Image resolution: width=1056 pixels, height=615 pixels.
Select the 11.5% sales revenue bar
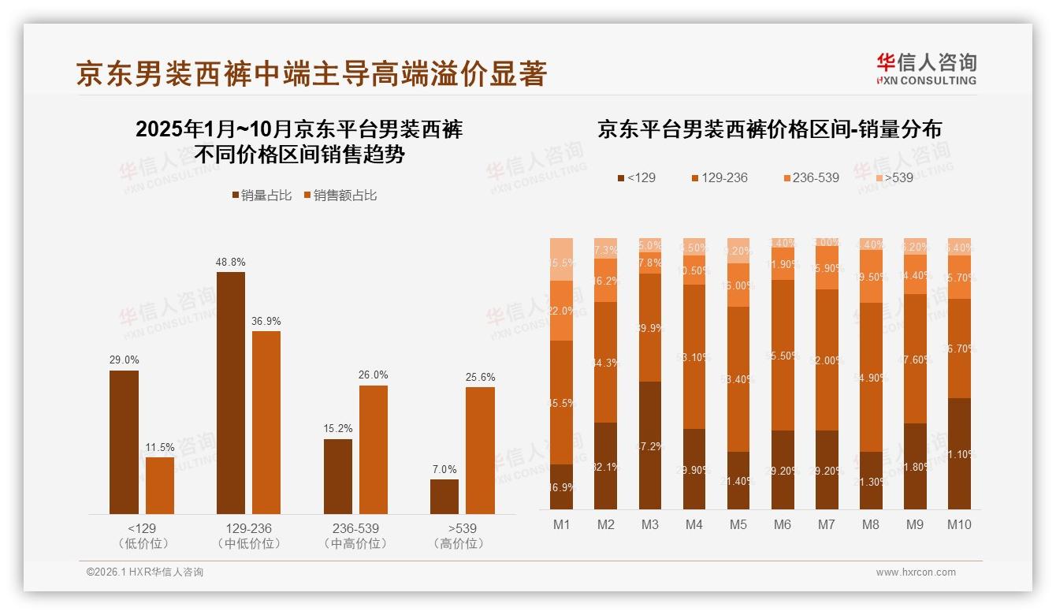pyautogui.click(x=160, y=486)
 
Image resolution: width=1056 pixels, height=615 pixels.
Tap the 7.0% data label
pyautogui.click(x=444, y=469)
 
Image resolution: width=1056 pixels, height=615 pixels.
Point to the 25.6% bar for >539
pyautogui.click(x=480, y=450)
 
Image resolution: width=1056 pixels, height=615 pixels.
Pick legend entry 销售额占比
pyautogui.click(x=340, y=196)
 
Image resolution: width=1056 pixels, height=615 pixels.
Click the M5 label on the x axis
pyautogui.click(x=738, y=524)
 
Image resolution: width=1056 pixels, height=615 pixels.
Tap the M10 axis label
pyautogui.click(x=959, y=524)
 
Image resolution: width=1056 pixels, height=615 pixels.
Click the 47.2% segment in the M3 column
pyautogui.click(x=650, y=445)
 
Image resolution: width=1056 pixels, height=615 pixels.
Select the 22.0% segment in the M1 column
pyautogui.click(x=562, y=311)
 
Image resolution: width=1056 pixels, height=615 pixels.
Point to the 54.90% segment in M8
pyautogui.click(x=871, y=377)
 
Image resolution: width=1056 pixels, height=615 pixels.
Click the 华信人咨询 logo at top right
pyautogui.click(x=927, y=69)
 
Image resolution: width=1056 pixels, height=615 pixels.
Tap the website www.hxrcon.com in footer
pyautogui.click(x=916, y=572)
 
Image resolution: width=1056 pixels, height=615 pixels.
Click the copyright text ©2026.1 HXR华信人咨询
pyautogui.click(x=145, y=572)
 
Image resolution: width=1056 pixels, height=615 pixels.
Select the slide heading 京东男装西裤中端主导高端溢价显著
pyautogui.click(x=312, y=74)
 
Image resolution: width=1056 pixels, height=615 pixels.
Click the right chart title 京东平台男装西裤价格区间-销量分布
pyautogui.click(x=769, y=129)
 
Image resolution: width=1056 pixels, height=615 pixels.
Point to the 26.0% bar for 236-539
pyautogui.click(x=374, y=449)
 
